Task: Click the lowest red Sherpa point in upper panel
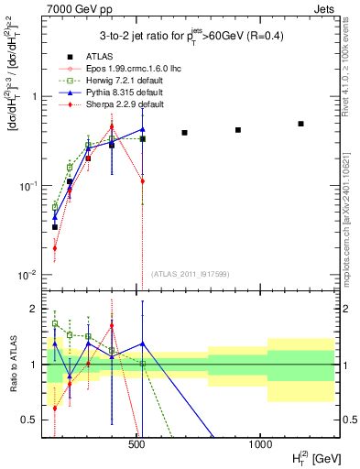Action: [x=55, y=247]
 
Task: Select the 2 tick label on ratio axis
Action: [x=34, y=309]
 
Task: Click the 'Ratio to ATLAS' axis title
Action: [x=12, y=364]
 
